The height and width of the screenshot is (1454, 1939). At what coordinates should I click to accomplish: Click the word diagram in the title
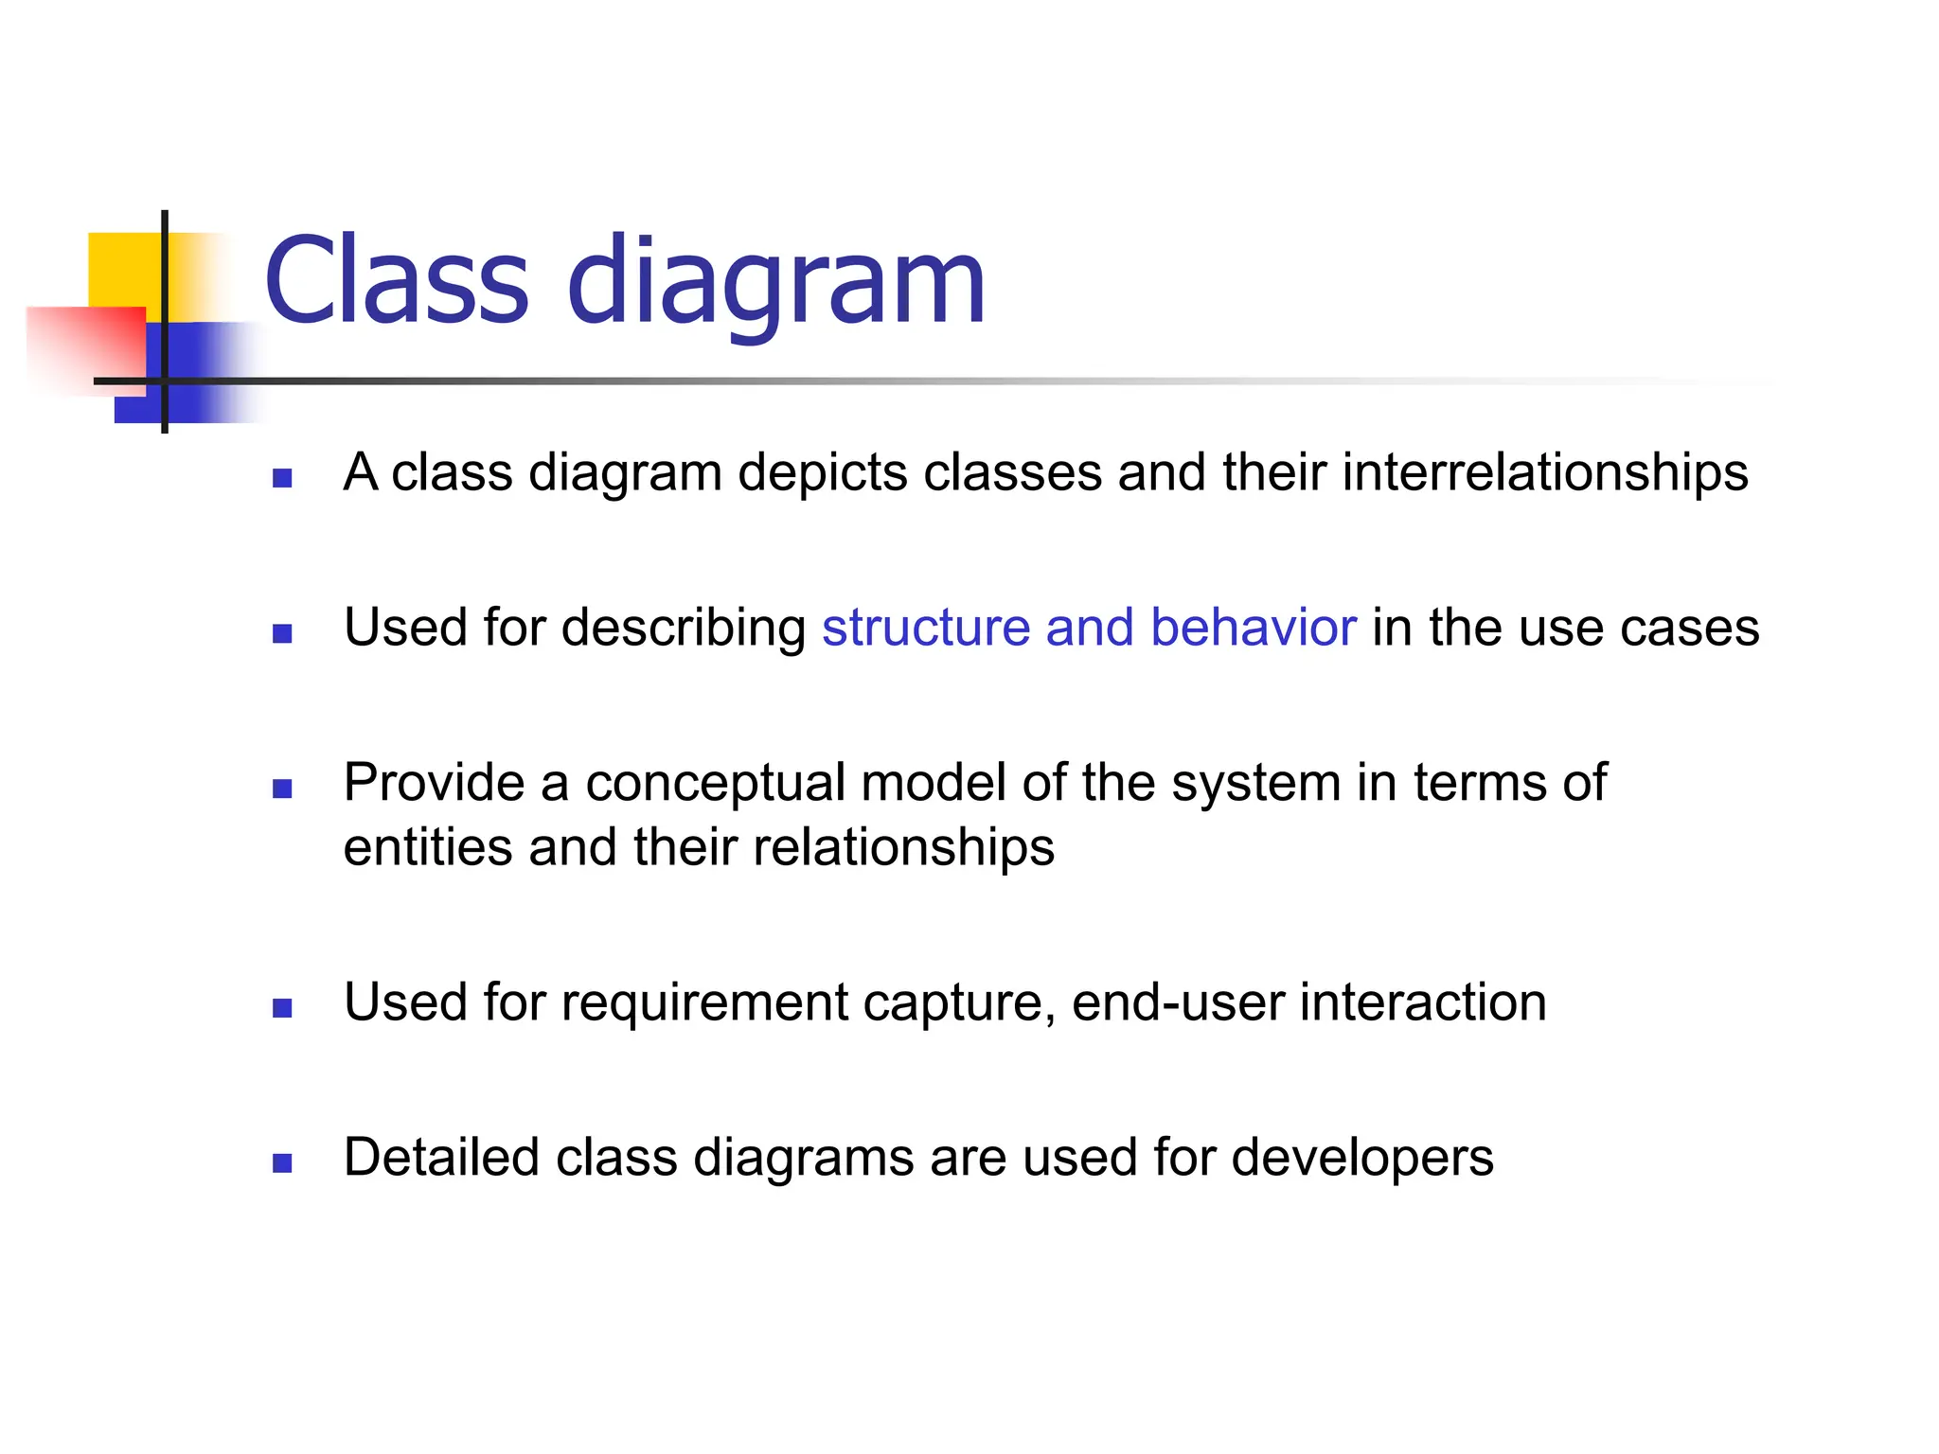pyautogui.click(x=776, y=281)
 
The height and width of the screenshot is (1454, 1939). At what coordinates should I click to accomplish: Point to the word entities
pyautogui.click(x=428, y=845)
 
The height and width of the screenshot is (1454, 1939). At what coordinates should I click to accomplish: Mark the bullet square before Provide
pyautogui.click(x=282, y=789)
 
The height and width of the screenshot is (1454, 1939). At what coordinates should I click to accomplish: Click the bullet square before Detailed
pyautogui.click(x=282, y=1163)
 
